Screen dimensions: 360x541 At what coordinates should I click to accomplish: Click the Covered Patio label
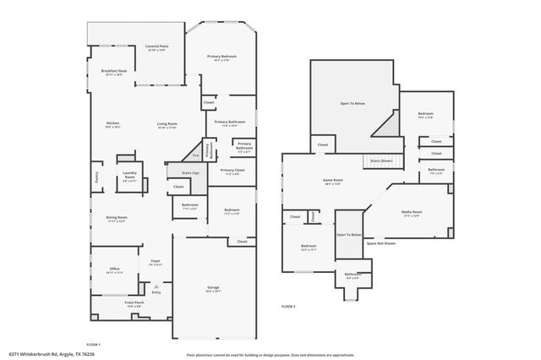coord(156,47)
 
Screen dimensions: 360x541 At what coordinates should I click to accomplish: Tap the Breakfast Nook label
coord(113,72)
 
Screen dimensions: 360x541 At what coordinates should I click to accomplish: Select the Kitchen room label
coord(112,123)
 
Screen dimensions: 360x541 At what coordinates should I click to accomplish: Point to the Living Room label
coord(167,124)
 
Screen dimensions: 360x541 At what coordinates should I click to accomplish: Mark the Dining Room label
coord(116,219)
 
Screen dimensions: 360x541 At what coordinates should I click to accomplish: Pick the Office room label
coord(113,270)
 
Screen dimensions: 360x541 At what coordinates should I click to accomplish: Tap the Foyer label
coord(156,261)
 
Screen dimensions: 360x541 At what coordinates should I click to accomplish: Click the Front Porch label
coord(134,303)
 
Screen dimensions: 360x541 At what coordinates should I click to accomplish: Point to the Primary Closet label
coord(232,172)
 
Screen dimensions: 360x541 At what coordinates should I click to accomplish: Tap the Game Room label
coord(333,181)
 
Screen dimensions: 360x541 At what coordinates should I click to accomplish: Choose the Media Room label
coord(412,213)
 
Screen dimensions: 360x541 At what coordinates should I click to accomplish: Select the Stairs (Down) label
coord(380,160)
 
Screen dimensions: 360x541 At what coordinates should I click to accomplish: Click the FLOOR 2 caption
coord(288,306)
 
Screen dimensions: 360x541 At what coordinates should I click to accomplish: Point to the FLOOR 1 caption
coord(93,345)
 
